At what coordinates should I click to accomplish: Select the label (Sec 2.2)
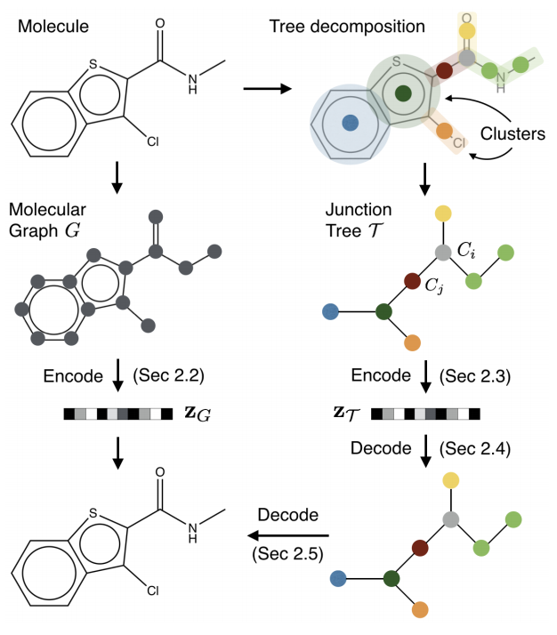coord(169,377)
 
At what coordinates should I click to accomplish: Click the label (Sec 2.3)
coord(475,377)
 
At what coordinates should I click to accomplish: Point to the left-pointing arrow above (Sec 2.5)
coord(288,535)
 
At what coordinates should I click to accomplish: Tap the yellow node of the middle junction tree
coord(442,213)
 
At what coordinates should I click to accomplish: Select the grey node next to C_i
coord(442,253)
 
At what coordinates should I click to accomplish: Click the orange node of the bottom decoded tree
coord(420,609)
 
